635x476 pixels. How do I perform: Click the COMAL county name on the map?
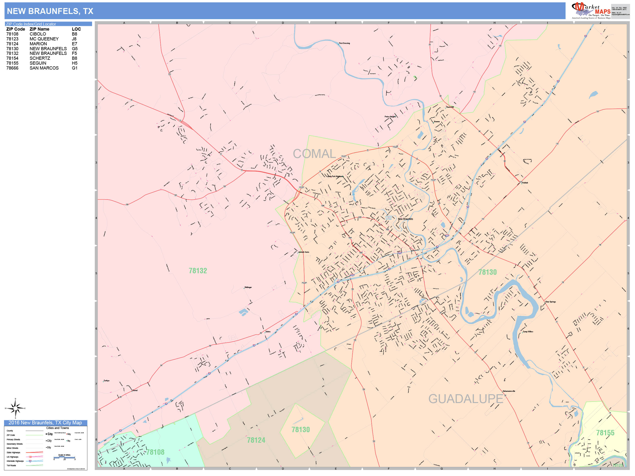tap(314, 154)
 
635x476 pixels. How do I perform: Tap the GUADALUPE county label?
tap(466, 399)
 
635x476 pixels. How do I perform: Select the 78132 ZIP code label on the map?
tap(198, 271)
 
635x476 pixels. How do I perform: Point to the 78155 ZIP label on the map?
tap(605, 433)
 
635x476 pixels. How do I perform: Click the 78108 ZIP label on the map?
tap(155, 452)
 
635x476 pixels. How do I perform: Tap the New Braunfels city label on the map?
tap(405, 219)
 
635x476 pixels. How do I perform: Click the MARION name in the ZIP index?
tap(38, 44)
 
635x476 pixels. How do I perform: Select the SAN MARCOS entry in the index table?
tap(44, 68)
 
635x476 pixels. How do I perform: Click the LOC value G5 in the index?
tap(75, 48)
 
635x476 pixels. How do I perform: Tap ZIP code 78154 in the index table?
tap(12, 58)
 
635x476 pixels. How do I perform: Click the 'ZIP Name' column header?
tap(39, 29)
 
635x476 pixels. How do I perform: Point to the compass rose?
tap(15, 408)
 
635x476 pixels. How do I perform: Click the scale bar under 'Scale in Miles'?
tap(64, 457)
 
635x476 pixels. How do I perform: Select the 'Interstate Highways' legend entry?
tap(15, 461)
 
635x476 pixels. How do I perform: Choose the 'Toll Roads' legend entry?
tap(12, 465)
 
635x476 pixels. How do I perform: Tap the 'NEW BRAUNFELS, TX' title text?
tap(50, 11)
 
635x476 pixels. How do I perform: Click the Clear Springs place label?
tap(550, 302)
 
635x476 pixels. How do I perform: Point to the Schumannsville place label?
tap(509, 391)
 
